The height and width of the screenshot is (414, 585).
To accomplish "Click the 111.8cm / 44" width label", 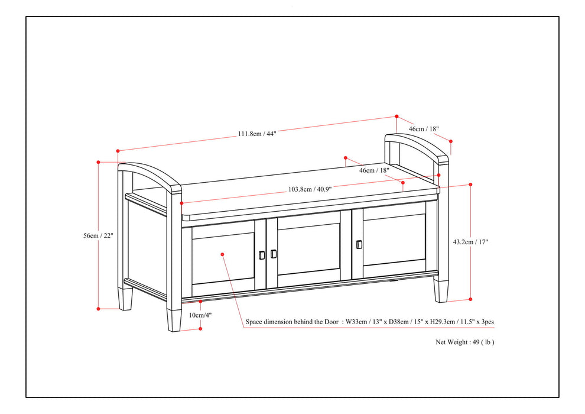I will [257, 134].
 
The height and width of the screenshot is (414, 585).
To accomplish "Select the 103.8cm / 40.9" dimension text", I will [310, 189].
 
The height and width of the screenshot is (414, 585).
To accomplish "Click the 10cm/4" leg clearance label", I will [200, 315].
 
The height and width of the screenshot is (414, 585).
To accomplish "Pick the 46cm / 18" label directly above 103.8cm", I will [374, 170].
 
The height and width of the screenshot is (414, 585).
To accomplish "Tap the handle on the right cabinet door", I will [359, 244].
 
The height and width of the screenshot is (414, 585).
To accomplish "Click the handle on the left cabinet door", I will [262, 255].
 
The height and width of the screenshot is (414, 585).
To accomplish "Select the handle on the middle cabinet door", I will [273, 254].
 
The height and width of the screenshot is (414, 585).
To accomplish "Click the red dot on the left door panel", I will [222, 254].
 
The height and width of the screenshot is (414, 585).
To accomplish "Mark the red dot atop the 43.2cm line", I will [470, 185].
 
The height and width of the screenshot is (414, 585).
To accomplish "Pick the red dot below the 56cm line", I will [99, 308].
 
